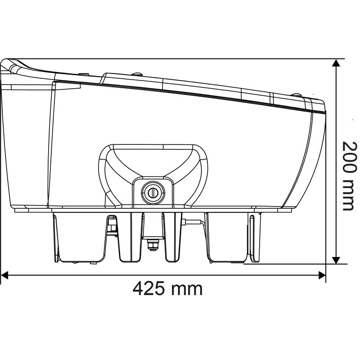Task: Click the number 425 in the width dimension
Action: (x=148, y=288)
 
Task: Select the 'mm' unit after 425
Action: (x=187, y=288)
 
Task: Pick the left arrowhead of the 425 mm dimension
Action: (x=4, y=275)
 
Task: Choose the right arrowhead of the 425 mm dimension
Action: (x=322, y=275)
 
